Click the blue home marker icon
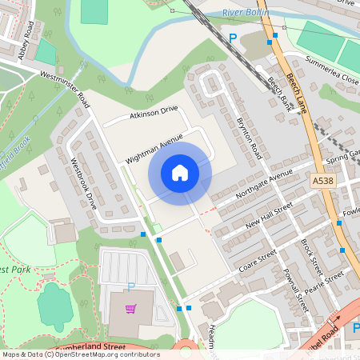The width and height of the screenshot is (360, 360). [x=180, y=173]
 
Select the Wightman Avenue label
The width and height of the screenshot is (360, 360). [x=154, y=147]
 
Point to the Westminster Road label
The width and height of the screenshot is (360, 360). [x=65, y=86]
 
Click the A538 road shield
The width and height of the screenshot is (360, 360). [x=324, y=182]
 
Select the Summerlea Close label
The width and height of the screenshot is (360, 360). [x=333, y=69]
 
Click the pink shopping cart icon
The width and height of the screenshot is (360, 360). [x=130, y=308]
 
